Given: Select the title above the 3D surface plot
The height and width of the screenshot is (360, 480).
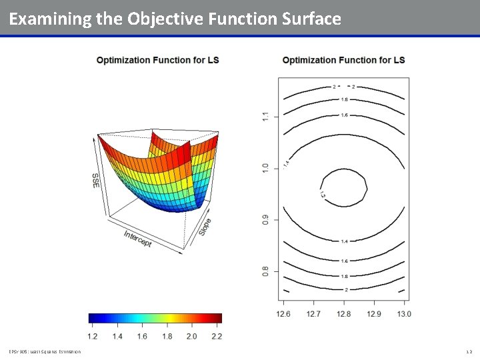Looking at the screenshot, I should point(157,60).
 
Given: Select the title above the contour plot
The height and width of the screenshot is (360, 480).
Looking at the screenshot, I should point(343,60).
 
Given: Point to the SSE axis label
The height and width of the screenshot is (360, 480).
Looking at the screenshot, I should point(96,180).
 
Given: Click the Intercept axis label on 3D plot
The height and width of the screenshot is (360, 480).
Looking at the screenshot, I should point(138,239).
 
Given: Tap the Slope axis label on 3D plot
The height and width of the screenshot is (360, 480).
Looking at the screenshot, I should point(205,227).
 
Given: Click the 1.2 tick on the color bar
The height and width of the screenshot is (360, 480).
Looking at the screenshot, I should point(92,336).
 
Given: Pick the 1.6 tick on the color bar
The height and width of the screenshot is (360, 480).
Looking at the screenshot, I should point(142,336).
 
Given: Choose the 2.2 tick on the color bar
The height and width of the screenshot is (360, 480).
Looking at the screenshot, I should point(217,336).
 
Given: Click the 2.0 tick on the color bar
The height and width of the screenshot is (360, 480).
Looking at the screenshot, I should point(191,336).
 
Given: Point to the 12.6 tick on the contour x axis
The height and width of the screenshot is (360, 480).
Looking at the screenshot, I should point(283,313).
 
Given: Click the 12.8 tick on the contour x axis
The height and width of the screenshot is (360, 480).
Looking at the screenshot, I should point(344,313).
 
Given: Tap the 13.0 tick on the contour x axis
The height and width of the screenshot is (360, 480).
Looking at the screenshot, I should point(404,313).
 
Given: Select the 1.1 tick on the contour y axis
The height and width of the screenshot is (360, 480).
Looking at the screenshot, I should point(265,117).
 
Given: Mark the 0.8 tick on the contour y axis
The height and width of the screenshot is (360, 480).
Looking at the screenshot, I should point(265,271).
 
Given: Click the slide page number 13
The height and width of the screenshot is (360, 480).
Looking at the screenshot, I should point(469,351).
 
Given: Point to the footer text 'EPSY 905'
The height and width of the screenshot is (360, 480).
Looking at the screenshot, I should point(17,351).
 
